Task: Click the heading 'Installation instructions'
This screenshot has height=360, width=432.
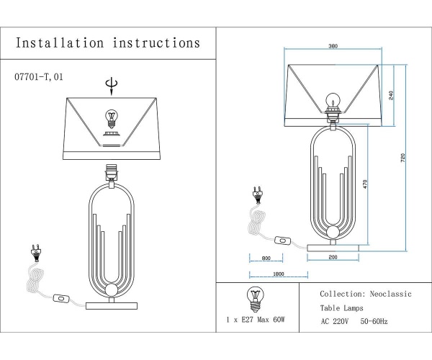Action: pos(108,42)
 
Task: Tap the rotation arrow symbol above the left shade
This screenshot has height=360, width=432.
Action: pos(109,86)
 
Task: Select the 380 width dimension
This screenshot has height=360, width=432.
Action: pos(333,47)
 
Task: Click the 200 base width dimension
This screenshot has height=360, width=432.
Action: pos(333,258)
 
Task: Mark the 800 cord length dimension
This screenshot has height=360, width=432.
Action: pos(266,258)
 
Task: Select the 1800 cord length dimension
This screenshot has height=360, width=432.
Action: pos(279,274)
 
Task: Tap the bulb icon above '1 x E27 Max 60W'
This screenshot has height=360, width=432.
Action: pos(254,296)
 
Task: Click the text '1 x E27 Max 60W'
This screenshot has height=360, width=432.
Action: pos(255,318)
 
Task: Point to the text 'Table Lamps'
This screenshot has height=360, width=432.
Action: pos(342,307)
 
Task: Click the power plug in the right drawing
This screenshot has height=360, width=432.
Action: pos(256,194)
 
